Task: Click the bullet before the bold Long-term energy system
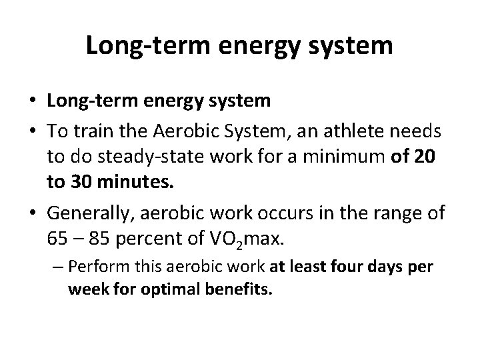click(31, 101)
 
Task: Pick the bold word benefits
click(240, 291)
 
